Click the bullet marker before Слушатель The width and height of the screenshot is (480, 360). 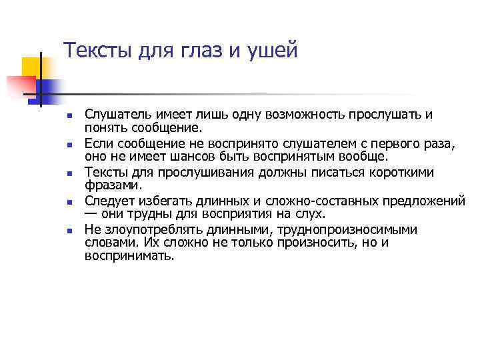pos(69,116)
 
